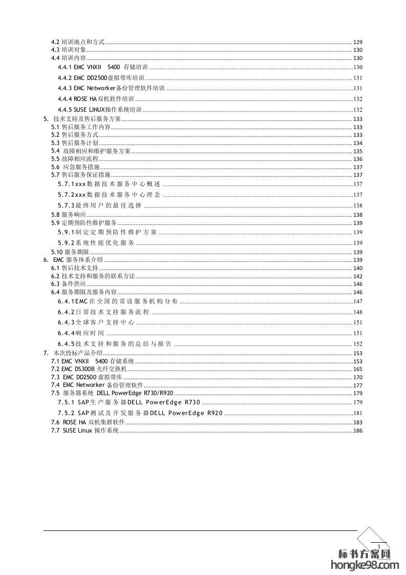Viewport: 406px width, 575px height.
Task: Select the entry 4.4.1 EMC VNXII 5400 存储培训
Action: pos(102,68)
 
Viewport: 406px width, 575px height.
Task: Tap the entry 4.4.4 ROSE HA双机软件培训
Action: pos(96,99)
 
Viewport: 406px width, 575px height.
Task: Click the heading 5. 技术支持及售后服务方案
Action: pos(82,119)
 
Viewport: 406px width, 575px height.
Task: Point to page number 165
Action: pos(358,369)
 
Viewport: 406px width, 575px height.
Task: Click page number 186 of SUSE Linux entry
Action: pos(358,430)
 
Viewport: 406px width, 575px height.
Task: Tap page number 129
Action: pos(358,42)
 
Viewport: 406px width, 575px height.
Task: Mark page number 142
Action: pos(358,276)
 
